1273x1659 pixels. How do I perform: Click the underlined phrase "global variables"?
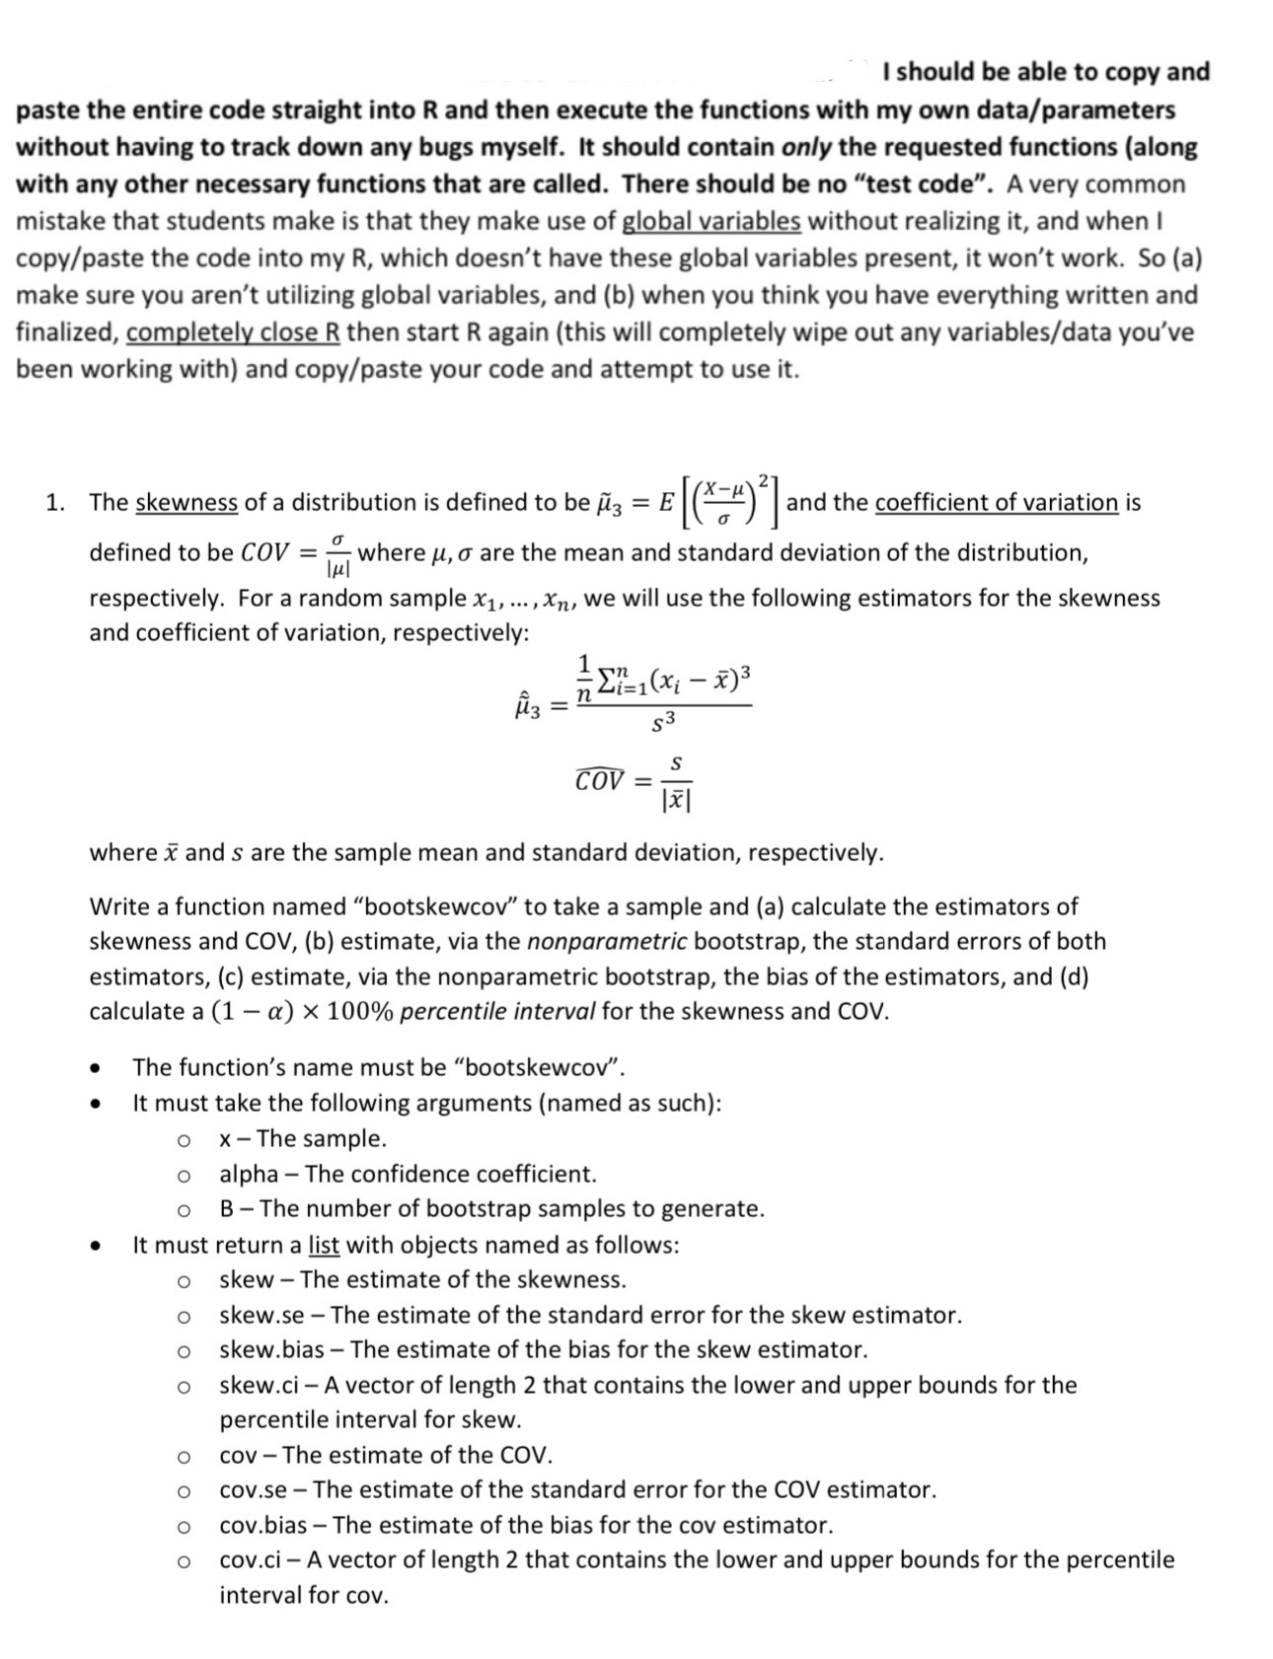click(x=711, y=221)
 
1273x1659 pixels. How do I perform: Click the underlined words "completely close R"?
click(x=233, y=332)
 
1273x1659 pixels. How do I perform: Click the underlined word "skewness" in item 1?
click(x=186, y=502)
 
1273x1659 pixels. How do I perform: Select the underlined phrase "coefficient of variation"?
click(x=996, y=502)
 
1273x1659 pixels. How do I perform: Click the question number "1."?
click(x=57, y=502)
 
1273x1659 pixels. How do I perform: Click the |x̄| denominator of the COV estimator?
click(x=676, y=800)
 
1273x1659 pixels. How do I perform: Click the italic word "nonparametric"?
click(x=607, y=941)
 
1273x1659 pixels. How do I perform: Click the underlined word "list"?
click(x=324, y=1245)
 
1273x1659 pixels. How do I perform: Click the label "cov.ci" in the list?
click(x=259, y=1559)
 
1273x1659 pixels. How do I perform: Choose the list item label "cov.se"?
click(x=253, y=1489)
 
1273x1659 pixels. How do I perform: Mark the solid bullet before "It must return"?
click(x=96, y=1246)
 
